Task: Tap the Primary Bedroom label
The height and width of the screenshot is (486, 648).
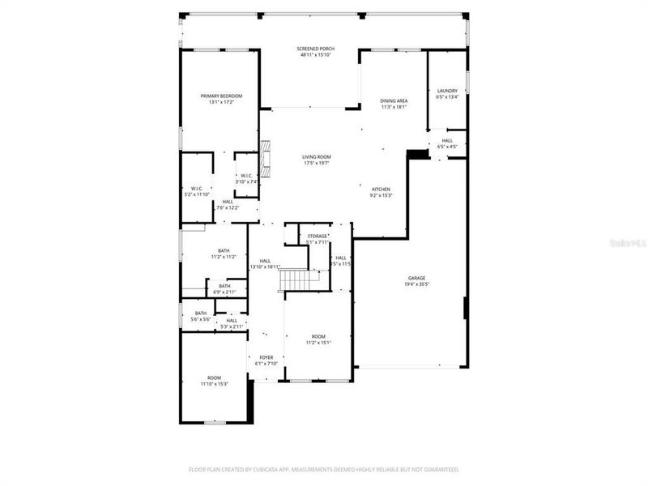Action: [x=221, y=96]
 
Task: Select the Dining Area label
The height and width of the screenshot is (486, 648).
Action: [x=394, y=100]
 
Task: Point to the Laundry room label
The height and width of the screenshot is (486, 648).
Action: [x=447, y=91]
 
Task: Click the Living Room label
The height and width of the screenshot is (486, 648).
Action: [x=317, y=156]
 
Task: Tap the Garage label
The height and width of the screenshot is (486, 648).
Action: [x=416, y=278]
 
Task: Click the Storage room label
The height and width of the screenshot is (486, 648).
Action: [x=317, y=236]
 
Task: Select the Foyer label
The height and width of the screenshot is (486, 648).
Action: [x=266, y=357]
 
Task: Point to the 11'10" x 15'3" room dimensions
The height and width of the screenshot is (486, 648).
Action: [x=214, y=383]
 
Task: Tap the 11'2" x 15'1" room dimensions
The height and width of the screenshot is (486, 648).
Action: [x=318, y=342]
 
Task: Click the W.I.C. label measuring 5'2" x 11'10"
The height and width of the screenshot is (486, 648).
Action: [x=196, y=188]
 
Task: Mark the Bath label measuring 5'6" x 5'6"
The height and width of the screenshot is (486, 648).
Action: [x=200, y=313]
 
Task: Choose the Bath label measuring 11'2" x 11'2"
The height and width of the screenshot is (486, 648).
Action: [x=223, y=250]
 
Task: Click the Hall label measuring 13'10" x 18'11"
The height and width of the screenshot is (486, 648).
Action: [x=265, y=260]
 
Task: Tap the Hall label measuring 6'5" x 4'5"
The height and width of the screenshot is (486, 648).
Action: [x=447, y=140]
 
